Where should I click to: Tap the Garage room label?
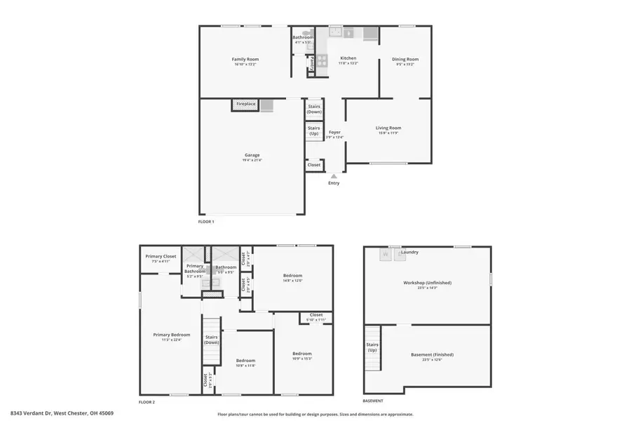click(x=252, y=155)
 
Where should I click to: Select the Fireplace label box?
click(x=245, y=104)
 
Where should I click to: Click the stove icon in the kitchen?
click(x=322, y=60)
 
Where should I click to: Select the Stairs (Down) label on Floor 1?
click(x=314, y=109)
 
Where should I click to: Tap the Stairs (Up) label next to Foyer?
click(x=314, y=131)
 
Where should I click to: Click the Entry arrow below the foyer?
click(x=334, y=177)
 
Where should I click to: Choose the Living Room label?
click(x=388, y=128)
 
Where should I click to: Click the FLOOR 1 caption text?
click(x=206, y=222)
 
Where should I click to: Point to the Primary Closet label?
click(x=161, y=257)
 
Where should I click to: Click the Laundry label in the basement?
click(x=409, y=252)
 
